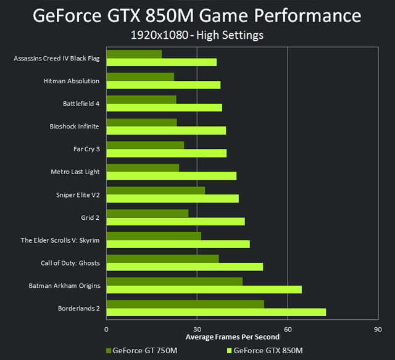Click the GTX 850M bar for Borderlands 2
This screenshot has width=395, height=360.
pyautogui.click(x=216, y=312)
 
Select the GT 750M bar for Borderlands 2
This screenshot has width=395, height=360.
pyautogui.click(x=185, y=304)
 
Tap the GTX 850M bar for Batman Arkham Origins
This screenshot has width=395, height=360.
pyautogui.click(x=204, y=290)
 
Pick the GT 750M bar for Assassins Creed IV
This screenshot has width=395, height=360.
pyautogui.click(x=134, y=54)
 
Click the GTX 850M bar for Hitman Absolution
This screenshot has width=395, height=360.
pyautogui.click(x=164, y=85)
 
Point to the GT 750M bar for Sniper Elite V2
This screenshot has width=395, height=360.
pyautogui.click(x=156, y=191)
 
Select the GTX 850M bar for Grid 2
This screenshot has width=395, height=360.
pyautogui.click(x=175, y=221)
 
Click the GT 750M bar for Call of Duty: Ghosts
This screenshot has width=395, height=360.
pyautogui.click(x=162, y=258)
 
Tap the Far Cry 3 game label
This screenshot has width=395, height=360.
pyautogui.click(x=86, y=149)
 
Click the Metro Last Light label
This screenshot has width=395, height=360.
pyautogui.click(x=75, y=172)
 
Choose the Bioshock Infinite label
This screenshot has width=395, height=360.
pyautogui.click(x=75, y=127)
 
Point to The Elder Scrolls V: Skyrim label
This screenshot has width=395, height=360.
pyautogui.click(x=60, y=240)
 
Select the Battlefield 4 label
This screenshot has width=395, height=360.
pyautogui.click(x=81, y=104)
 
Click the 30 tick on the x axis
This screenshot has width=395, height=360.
pyautogui.click(x=197, y=330)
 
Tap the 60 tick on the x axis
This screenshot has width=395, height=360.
pyautogui.click(x=288, y=330)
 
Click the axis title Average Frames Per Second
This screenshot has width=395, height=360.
pyautogui.click(x=232, y=337)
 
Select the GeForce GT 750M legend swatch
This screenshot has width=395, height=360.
pyautogui.click(x=110, y=351)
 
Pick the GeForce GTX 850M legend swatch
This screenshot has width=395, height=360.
pyautogui.click(x=227, y=351)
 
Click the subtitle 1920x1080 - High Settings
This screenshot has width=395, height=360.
pyautogui.click(x=197, y=35)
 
